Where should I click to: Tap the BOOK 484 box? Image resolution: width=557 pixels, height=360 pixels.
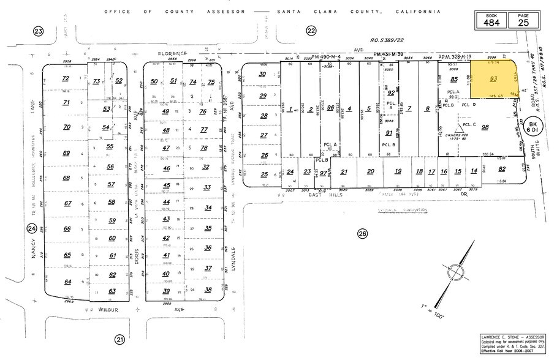coord(492,20)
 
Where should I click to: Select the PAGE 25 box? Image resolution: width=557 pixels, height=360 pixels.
coord(522,20)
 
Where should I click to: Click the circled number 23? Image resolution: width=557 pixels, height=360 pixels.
coord(39,31)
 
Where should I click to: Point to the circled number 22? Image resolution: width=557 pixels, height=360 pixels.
coord(312,31)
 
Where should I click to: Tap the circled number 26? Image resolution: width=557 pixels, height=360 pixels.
coord(362,233)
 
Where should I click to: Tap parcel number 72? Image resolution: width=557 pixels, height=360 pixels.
coord(66,78)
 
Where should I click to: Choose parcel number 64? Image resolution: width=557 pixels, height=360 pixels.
coord(67,282)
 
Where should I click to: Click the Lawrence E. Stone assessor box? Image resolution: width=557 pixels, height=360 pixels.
coord(511,343)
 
